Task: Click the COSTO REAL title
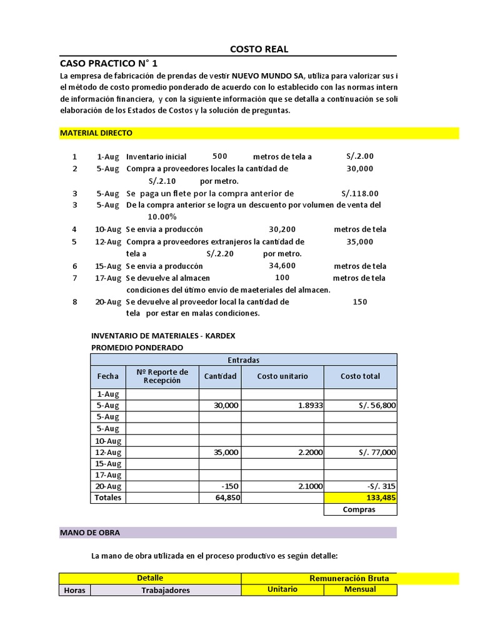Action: click(x=259, y=49)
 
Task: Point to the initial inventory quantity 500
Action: click(x=219, y=156)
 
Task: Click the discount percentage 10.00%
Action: click(x=161, y=217)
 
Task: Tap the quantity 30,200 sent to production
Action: click(x=282, y=229)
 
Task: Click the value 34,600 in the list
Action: click(x=282, y=266)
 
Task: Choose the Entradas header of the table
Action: click(x=243, y=360)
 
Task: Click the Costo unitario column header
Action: click(x=282, y=376)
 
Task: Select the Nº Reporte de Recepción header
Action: click(x=162, y=376)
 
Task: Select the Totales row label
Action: click(x=107, y=497)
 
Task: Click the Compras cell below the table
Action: click(x=359, y=509)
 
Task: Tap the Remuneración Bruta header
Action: click(x=349, y=578)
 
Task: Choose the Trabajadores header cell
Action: click(x=165, y=590)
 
